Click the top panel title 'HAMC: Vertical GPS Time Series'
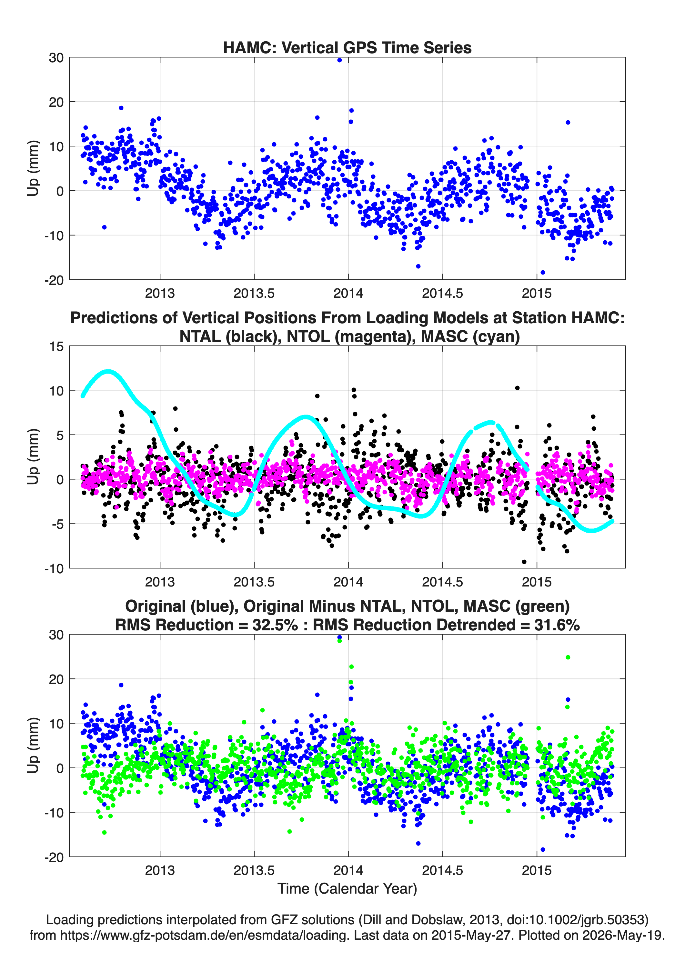tap(347, 47)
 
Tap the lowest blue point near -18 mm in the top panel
tap(543, 272)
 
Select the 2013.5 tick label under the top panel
tap(254, 293)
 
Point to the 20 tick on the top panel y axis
tap(56, 102)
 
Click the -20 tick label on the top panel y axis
tap(54, 280)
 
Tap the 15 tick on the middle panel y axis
tap(56, 346)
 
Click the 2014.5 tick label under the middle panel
tap(443, 582)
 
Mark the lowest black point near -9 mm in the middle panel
tap(524, 562)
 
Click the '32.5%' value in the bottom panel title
tap(275, 625)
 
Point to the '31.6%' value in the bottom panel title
tap(557, 625)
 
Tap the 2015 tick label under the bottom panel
tap(537, 870)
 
